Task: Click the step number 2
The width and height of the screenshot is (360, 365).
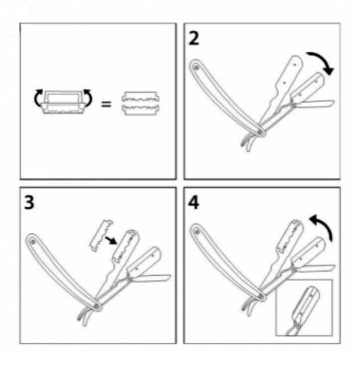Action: [194, 39]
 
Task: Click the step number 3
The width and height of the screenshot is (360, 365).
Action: [29, 203]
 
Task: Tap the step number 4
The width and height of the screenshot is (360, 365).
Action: [194, 203]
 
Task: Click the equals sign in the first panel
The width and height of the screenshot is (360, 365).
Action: [106, 104]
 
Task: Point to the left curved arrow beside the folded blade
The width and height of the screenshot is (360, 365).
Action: [37, 97]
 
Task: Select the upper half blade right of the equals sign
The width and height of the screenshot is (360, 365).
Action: [140, 97]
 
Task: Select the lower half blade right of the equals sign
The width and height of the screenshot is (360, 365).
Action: [140, 110]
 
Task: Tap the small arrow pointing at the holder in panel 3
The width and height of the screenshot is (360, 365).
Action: [111, 240]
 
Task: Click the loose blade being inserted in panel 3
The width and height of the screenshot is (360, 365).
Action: [101, 235]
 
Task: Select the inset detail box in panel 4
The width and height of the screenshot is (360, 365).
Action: [305, 307]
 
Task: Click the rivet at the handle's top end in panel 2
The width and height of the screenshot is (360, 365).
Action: [196, 67]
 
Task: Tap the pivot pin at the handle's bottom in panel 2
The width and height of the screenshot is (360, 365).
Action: [260, 131]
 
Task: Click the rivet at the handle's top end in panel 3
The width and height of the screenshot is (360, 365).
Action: [32, 242]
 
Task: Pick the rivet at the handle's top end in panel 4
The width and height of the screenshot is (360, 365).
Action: [197, 232]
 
